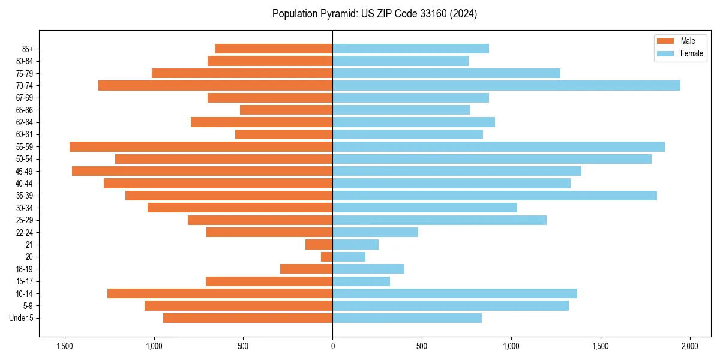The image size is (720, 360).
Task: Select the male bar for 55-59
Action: point(201,147)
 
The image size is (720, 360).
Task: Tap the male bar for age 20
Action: point(327,257)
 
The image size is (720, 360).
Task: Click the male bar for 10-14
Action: point(220,293)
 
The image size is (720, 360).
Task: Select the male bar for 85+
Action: point(274,49)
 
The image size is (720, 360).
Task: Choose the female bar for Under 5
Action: point(407,318)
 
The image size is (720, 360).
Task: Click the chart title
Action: point(374,14)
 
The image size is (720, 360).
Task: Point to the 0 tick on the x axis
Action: point(332,346)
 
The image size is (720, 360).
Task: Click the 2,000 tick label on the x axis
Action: point(689,346)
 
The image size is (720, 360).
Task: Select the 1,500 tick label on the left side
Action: point(64,346)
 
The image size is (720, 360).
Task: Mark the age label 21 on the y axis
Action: point(29,245)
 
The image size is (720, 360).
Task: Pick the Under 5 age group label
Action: point(21,318)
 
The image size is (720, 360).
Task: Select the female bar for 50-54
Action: point(492,159)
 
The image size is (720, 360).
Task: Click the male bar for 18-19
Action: point(306,269)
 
